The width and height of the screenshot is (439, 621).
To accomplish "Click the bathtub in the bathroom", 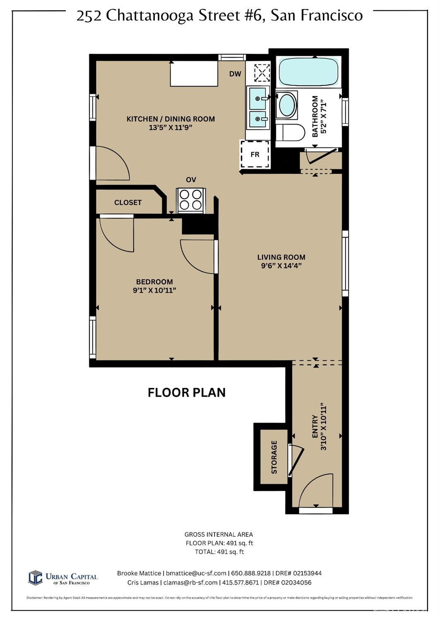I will [309, 72].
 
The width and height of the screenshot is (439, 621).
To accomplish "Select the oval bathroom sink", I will [287, 105].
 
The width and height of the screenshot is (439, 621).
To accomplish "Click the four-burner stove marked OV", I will [191, 200].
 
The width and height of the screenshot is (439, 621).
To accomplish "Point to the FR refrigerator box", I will [255, 154].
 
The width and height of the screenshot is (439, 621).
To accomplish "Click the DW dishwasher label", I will [235, 74].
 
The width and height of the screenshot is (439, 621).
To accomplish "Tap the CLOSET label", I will [128, 202].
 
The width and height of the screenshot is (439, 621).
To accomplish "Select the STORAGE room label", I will [274, 457].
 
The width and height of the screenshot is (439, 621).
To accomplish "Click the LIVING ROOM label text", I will [281, 257].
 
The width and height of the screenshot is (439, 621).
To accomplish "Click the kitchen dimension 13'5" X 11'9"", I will [171, 128].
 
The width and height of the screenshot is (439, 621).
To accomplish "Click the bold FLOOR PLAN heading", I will [187, 392].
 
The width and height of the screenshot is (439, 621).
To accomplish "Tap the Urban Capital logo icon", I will [35, 577].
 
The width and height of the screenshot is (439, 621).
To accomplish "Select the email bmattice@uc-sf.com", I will [196, 573].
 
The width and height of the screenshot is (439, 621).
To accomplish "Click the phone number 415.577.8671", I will [241, 582].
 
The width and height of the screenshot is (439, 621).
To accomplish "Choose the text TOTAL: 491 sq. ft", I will [219, 552].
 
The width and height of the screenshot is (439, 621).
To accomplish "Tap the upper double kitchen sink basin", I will [258, 98].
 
